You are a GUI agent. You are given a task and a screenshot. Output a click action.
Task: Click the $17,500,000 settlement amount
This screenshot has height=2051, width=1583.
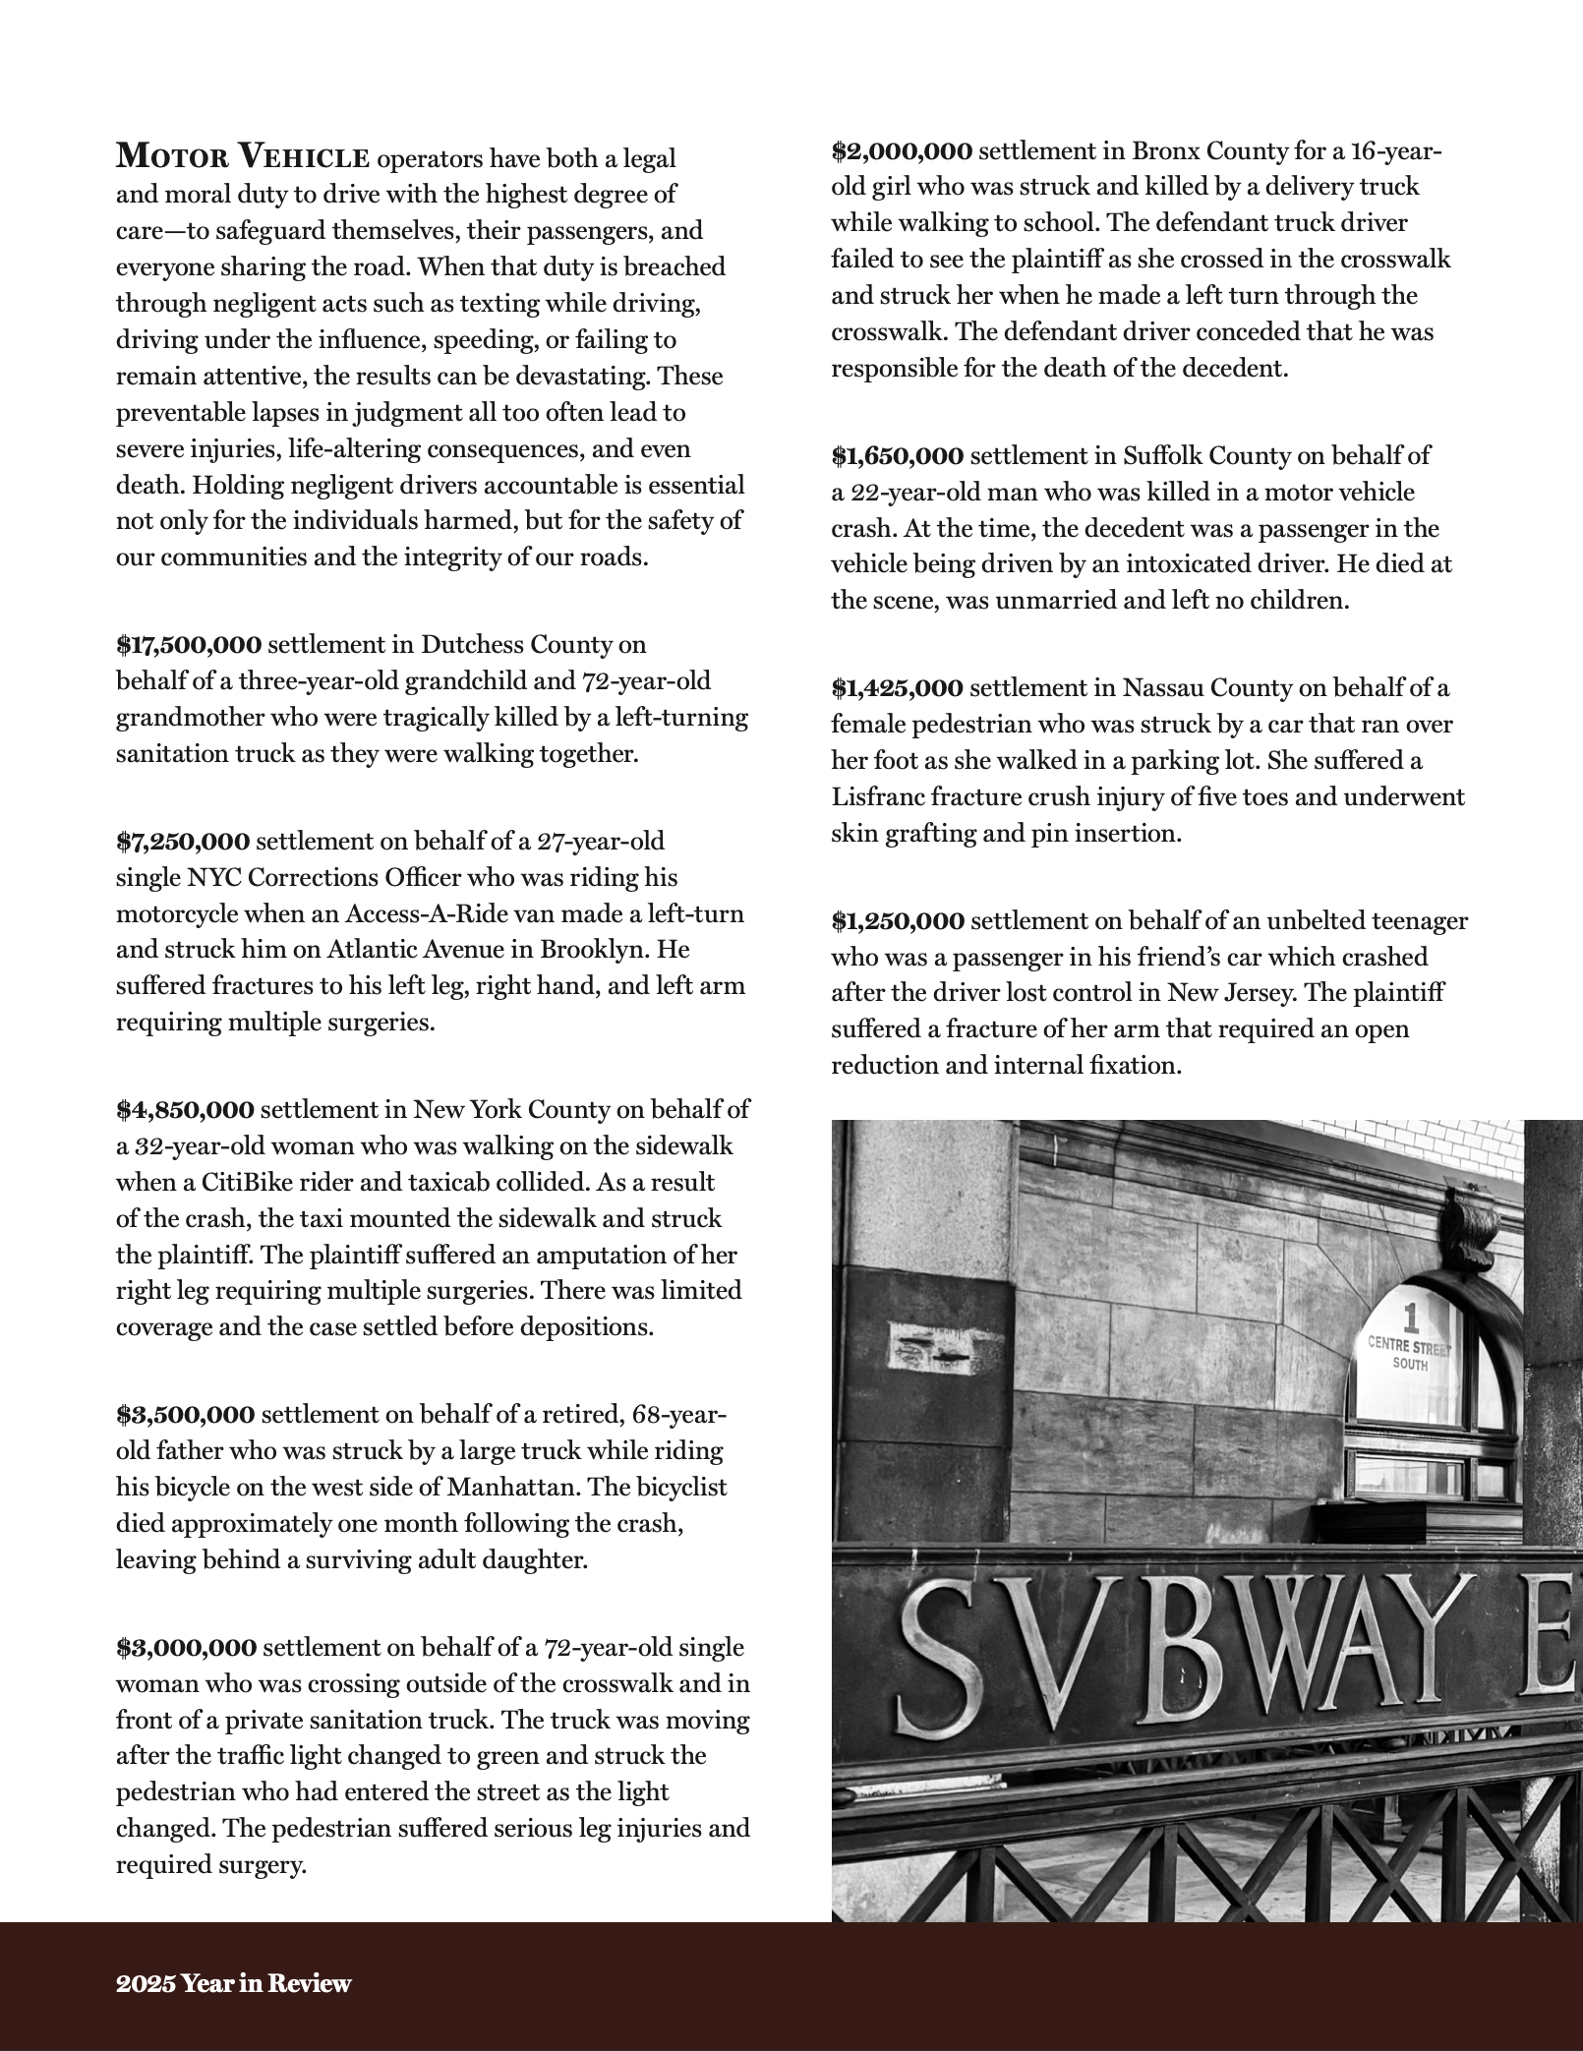point(189,645)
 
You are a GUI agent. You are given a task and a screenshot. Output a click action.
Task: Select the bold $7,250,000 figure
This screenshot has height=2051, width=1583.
point(183,842)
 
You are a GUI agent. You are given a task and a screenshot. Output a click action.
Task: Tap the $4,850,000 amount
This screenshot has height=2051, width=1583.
point(185,1110)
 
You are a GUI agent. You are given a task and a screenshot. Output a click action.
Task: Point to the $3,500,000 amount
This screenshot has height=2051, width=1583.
point(185,1415)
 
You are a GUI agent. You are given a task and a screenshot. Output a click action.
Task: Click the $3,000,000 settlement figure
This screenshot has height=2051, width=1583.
point(186,1647)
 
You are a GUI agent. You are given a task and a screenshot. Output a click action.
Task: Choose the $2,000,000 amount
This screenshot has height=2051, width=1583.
point(902,151)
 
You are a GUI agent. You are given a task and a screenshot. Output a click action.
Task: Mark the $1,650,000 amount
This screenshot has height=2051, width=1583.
point(897,456)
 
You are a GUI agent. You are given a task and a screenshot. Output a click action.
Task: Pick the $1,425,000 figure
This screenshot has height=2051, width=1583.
point(897,688)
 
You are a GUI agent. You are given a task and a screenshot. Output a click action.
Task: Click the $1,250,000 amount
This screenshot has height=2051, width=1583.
point(897,921)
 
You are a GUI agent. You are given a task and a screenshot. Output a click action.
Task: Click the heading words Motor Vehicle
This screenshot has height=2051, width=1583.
point(243,157)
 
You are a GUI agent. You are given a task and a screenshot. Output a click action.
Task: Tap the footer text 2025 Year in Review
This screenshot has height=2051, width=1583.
point(233,1983)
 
